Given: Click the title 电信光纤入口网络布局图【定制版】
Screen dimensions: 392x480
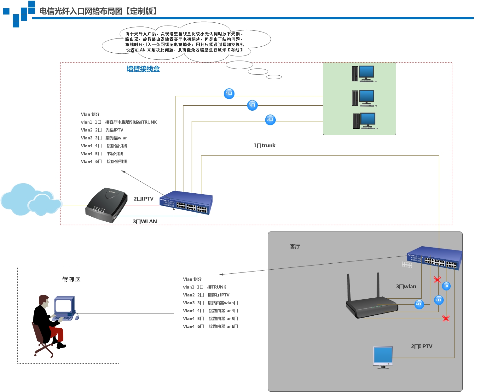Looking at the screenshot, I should click(x=98, y=11).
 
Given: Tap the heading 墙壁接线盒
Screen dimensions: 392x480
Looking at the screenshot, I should click(x=143, y=69).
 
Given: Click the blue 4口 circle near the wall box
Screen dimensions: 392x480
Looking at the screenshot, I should click(x=229, y=93).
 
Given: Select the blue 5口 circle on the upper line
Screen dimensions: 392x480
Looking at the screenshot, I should click(x=252, y=105).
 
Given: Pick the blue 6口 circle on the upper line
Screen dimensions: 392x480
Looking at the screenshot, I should click(x=270, y=120).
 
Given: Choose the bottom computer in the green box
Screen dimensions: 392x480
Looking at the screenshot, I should click(x=365, y=121).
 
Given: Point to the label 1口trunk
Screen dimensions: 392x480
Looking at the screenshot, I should click(x=264, y=145).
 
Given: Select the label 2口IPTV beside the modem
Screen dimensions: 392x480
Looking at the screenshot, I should click(x=143, y=199).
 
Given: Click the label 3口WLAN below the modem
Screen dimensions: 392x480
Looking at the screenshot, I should click(x=145, y=221).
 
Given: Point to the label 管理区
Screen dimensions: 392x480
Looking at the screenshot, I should click(x=71, y=279).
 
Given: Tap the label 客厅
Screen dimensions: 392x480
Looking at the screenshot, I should click(x=295, y=246).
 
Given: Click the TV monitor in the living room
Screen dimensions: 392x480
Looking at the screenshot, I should click(x=383, y=357).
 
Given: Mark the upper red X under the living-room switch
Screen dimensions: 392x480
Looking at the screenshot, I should click(x=437, y=279).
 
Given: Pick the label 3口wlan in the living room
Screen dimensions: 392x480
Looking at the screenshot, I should click(x=406, y=286).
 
